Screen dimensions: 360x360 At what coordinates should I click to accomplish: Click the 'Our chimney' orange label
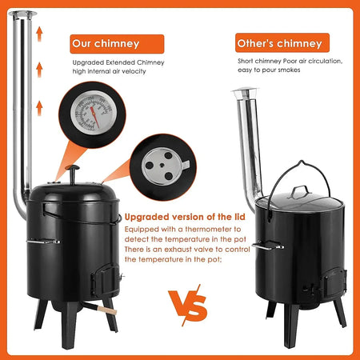click(x=117, y=44)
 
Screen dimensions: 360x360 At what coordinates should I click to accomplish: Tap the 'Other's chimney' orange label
click(x=282, y=42)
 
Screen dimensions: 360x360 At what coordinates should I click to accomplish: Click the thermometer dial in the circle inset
click(x=94, y=112)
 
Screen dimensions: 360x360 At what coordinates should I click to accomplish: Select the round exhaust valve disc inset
click(x=162, y=166)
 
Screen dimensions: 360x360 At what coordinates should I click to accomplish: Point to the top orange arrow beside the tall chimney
click(x=39, y=34)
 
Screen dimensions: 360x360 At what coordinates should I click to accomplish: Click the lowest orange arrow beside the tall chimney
click(x=39, y=108)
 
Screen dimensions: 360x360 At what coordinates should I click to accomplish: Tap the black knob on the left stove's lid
click(x=73, y=174)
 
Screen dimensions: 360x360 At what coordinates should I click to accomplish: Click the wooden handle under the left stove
click(x=107, y=310)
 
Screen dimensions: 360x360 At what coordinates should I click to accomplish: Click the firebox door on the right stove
click(x=333, y=282)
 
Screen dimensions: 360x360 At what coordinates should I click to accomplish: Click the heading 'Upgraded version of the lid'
click(x=185, y=217)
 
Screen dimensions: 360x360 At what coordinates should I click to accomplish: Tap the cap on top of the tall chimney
click(x=22, y=15)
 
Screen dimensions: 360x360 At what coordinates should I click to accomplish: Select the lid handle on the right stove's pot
click(x=300, y=191)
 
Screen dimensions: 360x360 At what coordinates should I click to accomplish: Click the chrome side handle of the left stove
click(x=43, y=242)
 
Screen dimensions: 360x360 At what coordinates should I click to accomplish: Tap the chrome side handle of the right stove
click(x=267, y=246)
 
